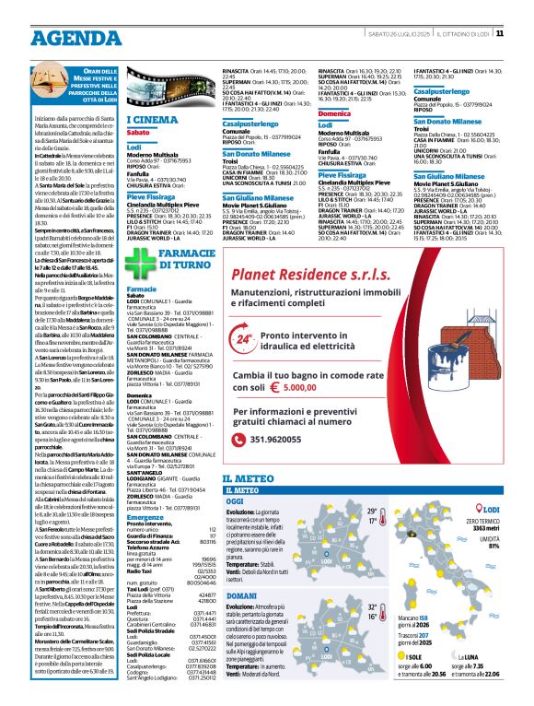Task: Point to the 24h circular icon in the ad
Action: click(245, 339)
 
